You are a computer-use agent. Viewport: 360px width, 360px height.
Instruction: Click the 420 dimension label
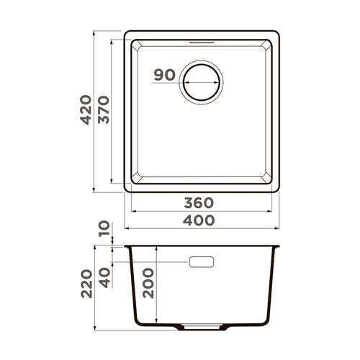click(x=86, y=110)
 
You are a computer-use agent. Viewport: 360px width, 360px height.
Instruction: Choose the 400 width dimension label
click(x=199, y=220)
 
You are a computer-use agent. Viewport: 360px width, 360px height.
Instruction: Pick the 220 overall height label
click(x=86, y=284)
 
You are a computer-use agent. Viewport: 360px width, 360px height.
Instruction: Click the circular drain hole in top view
click(x=202, y=82)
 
